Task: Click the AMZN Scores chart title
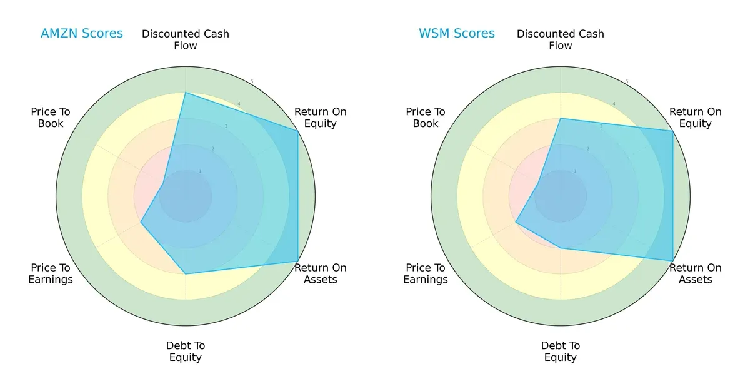(x=82, y=34)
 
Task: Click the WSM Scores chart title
(x=457, y=34)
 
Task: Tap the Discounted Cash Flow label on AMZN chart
(x=186, y=39)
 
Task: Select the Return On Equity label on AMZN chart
(x=321, y=118)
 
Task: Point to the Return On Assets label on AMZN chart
(x=321, y=273)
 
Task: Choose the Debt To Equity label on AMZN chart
(x=186, y=352)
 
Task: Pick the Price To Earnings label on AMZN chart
(x=51, y=273)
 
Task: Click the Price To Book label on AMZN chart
(x=51, y=118)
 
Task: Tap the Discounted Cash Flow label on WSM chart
(x=561, y=39)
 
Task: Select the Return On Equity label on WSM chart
(x=696, y=118)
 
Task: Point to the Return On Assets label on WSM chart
(x=696, y=273)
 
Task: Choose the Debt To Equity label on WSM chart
(x=561, y=352)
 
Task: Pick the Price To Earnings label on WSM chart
(x=426, y=273)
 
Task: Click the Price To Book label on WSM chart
(x=426, y=118)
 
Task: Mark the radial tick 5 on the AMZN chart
(x=252, y=82)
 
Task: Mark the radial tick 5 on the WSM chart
(x=627, y=82)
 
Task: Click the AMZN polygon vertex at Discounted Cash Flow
(x=186, y=93)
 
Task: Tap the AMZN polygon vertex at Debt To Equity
(x=186, y=274)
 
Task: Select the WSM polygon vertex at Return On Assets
(x=673, y=261)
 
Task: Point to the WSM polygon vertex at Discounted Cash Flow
(x=561, y=118)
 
